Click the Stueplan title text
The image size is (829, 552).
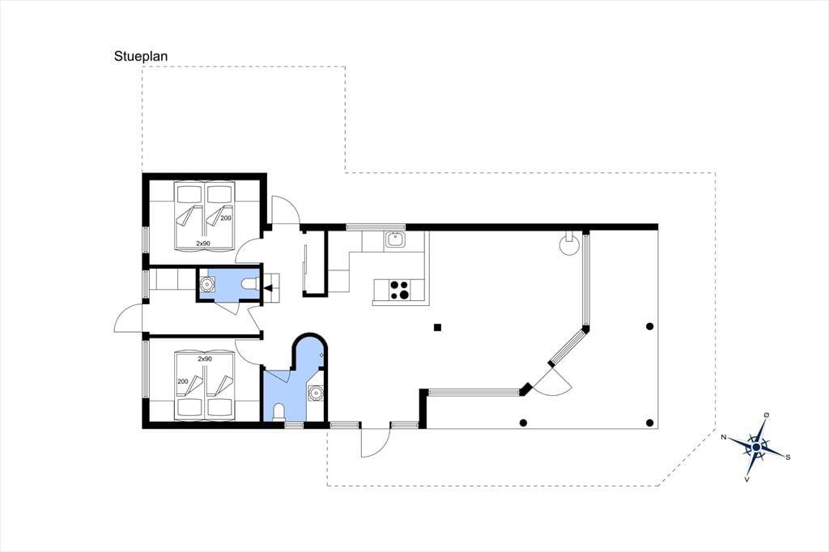pyautogui.click(x=141, y=57)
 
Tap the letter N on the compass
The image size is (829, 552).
pyautogui.click(x=725, y=437)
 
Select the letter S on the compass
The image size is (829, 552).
pyautogui.click(x=788, y=456)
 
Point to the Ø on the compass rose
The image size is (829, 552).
pyautogui.click(x=767, y=415)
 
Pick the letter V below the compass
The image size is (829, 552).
pyautogui.click(x=746, y=479)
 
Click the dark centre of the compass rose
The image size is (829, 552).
pyautogui.click(x=757, y=448)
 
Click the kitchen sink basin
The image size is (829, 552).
pyautogui.click(x=394, y=240)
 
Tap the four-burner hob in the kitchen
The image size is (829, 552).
pyautogui.click(x=399, y=291)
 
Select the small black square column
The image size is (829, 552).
pyautogui.click(x=437, y=327)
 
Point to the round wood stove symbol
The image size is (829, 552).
pyautogui.click(x=570, y=244)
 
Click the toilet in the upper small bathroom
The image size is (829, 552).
pyautogui.click(x=249, y=284)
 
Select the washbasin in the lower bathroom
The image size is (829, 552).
pyautogui.click(x=317, y=393)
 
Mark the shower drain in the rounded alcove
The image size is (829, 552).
pyautogui.click(x=321, y=355)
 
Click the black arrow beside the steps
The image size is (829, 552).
pyautogui.click(x=268, y=288)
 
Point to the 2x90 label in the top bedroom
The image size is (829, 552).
pyautogui.click(x=203, y=243)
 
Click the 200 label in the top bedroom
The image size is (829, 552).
pyautogui.click(x=226, y=218)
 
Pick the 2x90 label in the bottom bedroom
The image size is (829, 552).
pyautogui.click(x=205, y=359)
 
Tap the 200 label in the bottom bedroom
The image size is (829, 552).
pyautogui.click(x=183, y=381)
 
